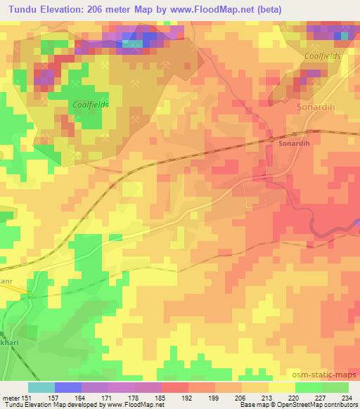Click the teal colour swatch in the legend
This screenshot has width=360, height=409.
tap(41, 387)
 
